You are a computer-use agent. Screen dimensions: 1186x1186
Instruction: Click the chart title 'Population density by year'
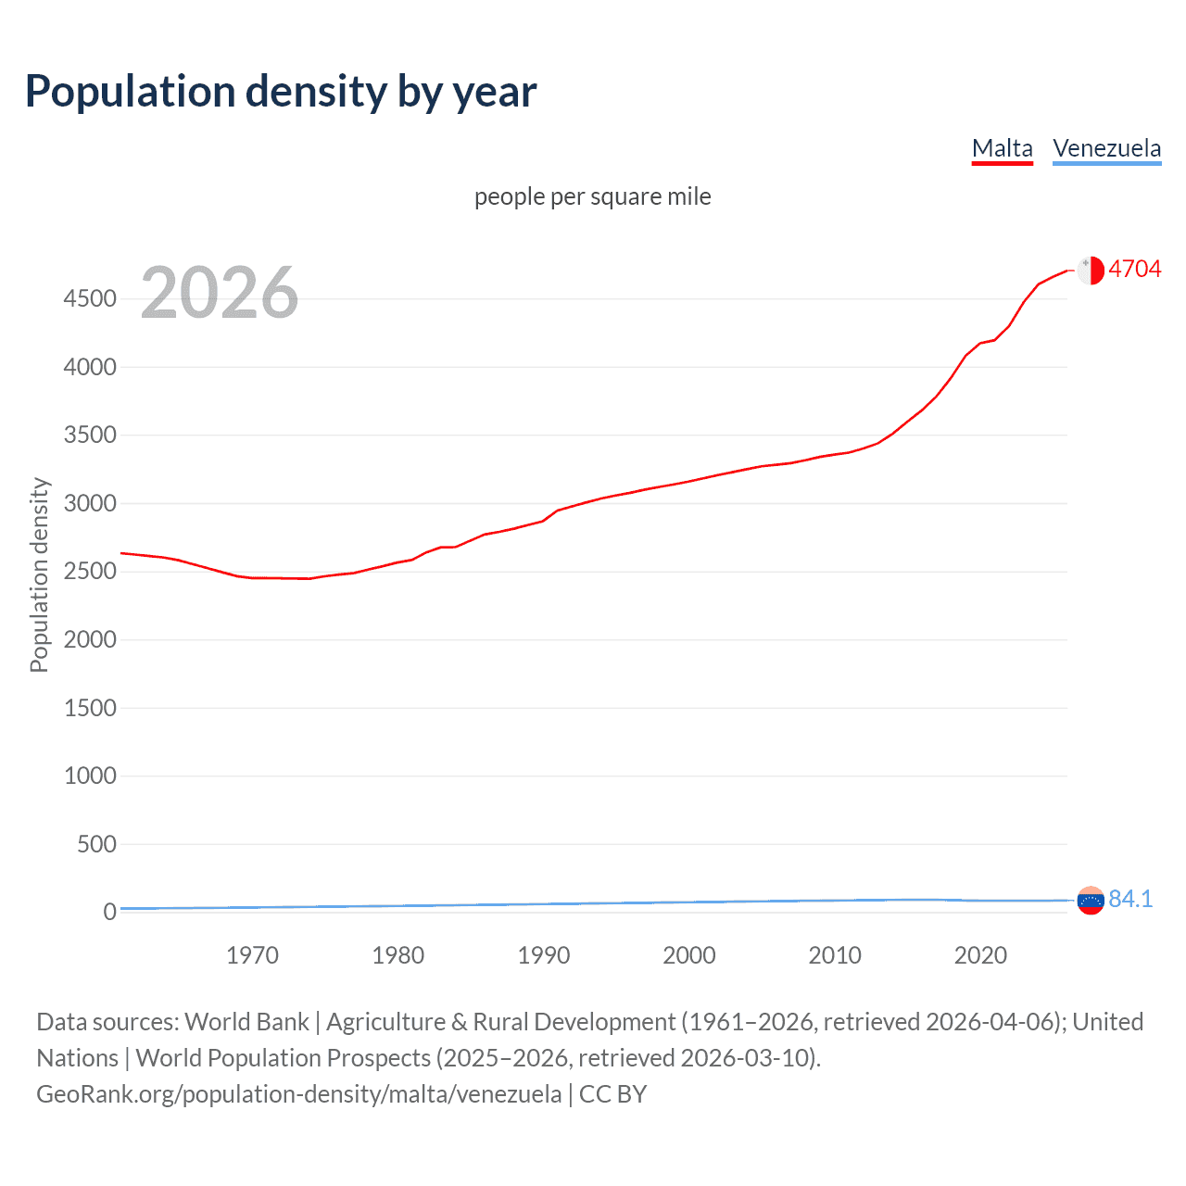tap(281, 92)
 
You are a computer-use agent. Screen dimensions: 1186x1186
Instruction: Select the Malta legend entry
tap(1002, 148)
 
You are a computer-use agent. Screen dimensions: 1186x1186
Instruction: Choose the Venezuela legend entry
tap(1106, 148)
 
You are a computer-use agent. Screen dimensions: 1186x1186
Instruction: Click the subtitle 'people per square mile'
tap(592, 197)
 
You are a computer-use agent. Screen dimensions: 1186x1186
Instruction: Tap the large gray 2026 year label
tap(220, 293)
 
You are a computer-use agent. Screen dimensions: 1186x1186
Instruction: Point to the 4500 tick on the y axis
tap(90, 299)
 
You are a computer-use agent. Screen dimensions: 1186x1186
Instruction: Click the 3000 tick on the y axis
tap(90, 504)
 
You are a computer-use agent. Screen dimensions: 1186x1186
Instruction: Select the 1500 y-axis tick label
tap(90, 708)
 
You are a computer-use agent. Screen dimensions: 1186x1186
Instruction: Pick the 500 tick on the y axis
tap(96, 844)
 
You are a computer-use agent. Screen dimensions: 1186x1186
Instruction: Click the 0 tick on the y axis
tap(109, 913)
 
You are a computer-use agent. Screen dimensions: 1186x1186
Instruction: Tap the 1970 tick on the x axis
tap(252, 955)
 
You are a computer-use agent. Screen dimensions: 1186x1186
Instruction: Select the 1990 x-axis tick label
tap(544, 955)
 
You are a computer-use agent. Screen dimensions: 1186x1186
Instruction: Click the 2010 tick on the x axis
tap(835, 955)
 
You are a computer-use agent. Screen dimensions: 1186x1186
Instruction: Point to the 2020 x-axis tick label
tap(980, 955)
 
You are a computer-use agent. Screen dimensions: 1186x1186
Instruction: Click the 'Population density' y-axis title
tap(39, 574)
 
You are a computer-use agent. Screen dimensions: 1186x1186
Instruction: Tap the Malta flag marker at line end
tap(1091, 271)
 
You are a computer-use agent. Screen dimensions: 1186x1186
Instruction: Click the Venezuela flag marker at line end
tap(1091, 901)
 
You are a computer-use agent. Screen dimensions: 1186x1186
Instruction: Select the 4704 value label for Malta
tap(1134, 270)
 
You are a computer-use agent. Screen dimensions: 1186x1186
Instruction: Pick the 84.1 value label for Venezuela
tap(1130, 900)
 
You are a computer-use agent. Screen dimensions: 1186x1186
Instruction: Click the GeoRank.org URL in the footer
tap(298, 1094)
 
